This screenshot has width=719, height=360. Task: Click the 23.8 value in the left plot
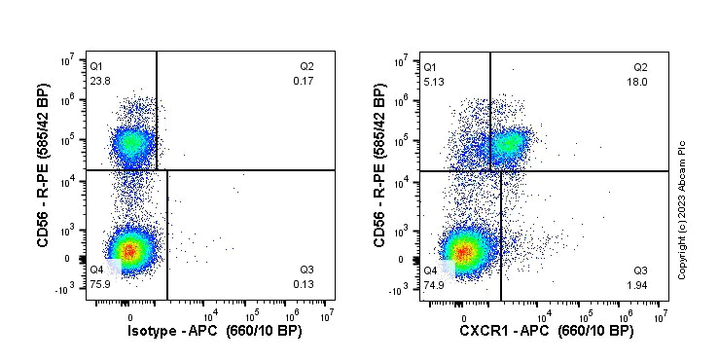pos(101,81)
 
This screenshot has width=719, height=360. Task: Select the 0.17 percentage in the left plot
pos(303,81)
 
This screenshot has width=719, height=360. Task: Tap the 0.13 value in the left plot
pos(303,285)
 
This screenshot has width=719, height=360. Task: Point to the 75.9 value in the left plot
pos(101,285)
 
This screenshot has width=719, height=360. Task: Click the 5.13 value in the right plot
pos(434,81)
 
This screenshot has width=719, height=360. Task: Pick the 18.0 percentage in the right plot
pos(638,81)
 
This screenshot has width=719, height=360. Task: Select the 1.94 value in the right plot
pos(638,285)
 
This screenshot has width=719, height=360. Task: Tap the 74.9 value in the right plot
pos(434,285)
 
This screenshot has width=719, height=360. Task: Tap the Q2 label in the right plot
pos(640,66)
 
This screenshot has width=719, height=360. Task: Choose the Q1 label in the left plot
pos(95,66)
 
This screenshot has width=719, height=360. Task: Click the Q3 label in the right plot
pos(640,270)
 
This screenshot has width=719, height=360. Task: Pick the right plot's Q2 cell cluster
pos(507,145)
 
